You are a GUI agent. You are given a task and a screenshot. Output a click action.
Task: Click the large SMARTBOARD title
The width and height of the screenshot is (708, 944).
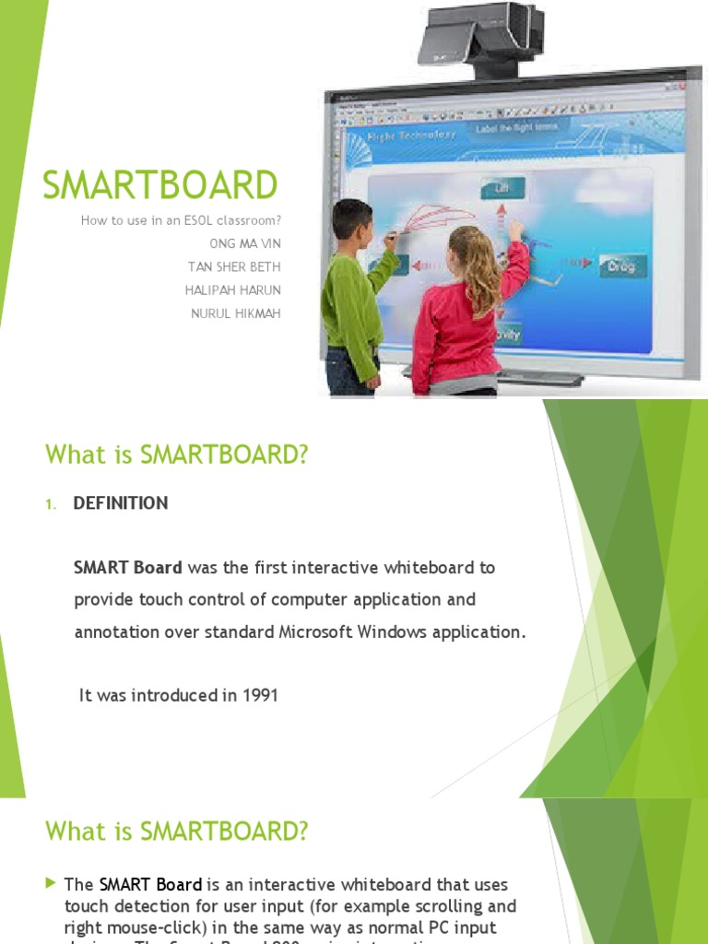click(160, 185)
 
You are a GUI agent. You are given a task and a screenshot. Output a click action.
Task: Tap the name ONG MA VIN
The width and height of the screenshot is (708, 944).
click(245, 244)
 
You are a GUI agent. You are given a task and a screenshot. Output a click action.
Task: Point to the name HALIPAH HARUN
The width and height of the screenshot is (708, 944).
click(237, 290)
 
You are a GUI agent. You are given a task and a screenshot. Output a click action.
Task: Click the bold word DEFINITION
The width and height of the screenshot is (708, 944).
click(121, 503)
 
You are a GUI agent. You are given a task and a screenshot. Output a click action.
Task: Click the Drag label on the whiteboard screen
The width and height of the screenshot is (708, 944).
click(622, 266)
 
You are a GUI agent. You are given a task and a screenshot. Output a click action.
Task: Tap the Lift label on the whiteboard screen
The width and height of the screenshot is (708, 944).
click(502, 189)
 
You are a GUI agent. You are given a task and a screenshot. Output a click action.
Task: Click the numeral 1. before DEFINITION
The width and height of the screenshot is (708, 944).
click(52, 504)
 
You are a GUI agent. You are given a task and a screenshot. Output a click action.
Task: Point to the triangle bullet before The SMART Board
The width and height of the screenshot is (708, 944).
click(51, 884)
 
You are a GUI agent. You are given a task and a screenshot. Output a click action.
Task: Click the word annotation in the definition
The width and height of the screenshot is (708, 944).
click(119, 632)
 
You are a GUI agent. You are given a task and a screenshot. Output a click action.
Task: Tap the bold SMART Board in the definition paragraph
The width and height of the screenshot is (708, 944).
click(127, 568)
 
